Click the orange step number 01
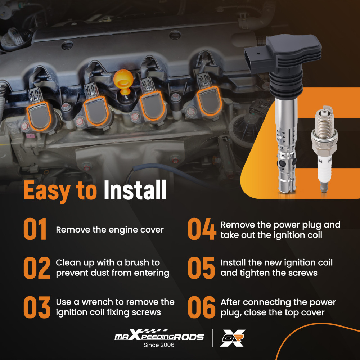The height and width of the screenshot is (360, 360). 35,229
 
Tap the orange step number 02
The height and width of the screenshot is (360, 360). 37,268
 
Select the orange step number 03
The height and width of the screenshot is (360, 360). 37,307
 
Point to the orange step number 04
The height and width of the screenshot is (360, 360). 202,229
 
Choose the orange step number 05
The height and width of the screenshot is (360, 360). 201,268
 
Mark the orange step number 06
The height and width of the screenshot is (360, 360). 202,307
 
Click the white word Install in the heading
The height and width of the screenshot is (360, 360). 135,190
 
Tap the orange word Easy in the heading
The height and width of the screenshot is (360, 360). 47,191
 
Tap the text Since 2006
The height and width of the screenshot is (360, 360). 159,345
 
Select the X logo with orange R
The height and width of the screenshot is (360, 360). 233,338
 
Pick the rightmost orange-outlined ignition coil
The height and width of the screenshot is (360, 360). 209,101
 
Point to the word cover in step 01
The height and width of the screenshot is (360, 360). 152,230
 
